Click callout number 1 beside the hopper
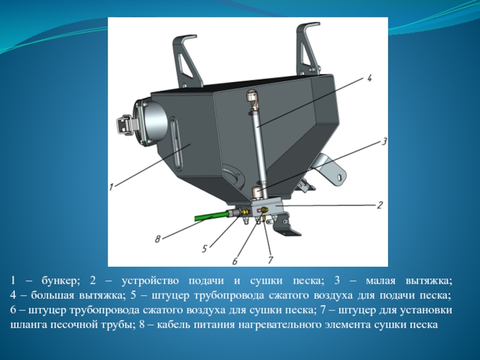click(x=112, y=187)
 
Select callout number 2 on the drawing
click(x=380, y=205)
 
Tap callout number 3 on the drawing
click(x=384, y=142)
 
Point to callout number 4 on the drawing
click(x=369, y=78)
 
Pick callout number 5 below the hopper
click(x=205, y=248)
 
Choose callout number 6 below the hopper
click(x=235, y=261)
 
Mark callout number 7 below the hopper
click(x=271, y=260)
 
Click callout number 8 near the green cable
click(x=157, y=239)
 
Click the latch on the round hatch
click(x=126, y=125)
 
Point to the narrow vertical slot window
click(x=177, y=142)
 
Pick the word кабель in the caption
click(x=172, y=325)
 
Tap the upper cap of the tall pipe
click(x=252, y=97)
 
